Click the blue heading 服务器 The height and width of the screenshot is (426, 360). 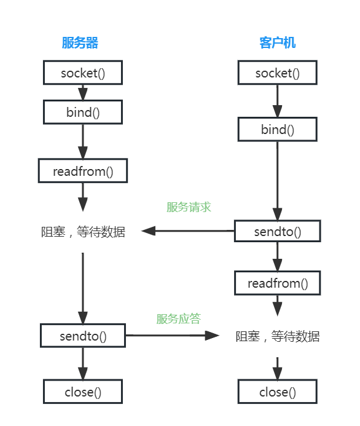pos(80,42)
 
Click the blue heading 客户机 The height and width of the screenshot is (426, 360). pos(277,42)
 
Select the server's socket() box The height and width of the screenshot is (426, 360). pos(83,73)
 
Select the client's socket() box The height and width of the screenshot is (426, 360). pos(277,73)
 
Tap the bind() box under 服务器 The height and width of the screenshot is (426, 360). pos(83,112)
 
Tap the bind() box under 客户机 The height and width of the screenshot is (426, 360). pos(277,130)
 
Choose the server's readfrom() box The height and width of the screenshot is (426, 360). pos(83,171)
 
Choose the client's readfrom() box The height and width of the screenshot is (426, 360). pos(277,283)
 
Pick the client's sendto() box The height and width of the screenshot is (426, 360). pos(277,232)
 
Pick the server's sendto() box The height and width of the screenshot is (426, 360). pos(83,336)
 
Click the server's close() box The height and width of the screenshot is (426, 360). pos(83,392)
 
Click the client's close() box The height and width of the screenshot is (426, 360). pos(277,392)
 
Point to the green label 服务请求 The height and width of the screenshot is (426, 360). pos(189,207)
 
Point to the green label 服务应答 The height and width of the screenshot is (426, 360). pos(178,318)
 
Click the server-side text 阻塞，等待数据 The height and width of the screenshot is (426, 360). pos(83,232)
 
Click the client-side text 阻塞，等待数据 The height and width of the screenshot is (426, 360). pos(277,336)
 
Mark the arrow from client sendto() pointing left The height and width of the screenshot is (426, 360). pos(187,232)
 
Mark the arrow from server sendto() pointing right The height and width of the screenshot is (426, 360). pos(172,336)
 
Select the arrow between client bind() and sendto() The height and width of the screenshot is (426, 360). pos(277,181)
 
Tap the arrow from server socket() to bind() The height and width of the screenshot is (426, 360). pos(83,92)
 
